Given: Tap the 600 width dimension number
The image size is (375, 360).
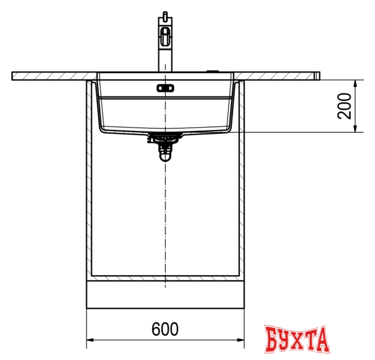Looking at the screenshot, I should pos(165,330).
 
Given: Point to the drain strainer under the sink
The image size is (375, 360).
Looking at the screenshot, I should pos(164,137).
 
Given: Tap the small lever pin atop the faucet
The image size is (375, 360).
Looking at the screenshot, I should pos(164,13).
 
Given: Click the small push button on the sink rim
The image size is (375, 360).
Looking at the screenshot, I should pos(213,71).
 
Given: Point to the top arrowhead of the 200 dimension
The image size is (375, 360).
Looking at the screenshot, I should pos(355,82).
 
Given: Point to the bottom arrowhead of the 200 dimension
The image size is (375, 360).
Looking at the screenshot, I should pos(355,128).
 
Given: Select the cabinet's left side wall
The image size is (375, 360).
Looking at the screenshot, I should pos(88,180).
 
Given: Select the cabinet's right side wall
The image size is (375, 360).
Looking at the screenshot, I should pos(241,180).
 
